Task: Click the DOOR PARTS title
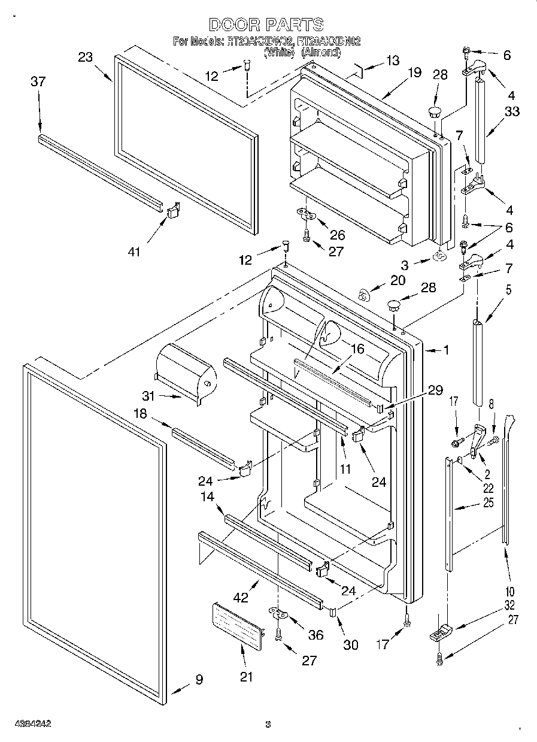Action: tap(266, 25)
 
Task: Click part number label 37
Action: tap(38, 82)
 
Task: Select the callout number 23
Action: tap(86, 57)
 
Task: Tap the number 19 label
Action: tap(415, 73)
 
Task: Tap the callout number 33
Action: tap(512, 111)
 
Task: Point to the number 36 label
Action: tap(315, 635)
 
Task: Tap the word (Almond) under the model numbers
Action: tap(321, 53)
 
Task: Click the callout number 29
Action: tap(435, 390)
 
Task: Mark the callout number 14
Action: tap(208, 496)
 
